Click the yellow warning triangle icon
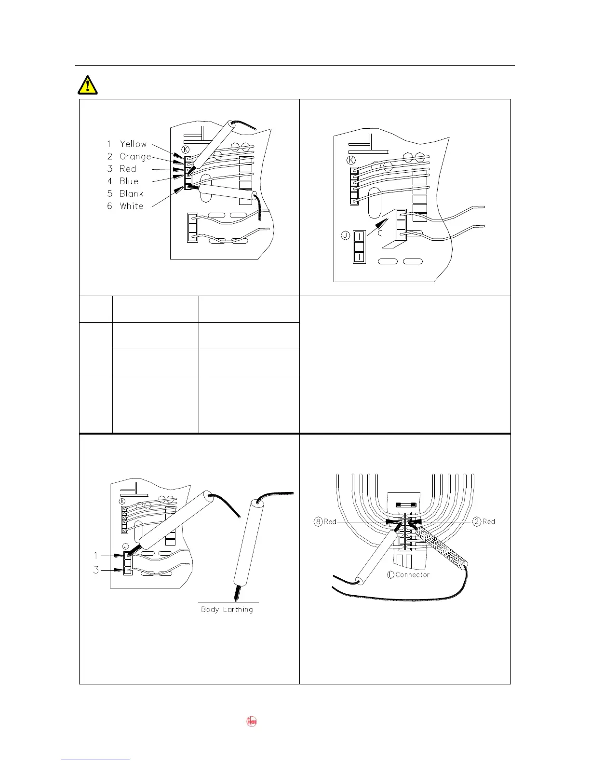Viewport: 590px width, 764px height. click(x=87, y=85)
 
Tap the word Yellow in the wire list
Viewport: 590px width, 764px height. click(x=133, y=144)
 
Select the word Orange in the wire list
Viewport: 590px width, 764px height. click(x=135, y=156)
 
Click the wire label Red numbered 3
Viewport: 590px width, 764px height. click(x=128, y=169)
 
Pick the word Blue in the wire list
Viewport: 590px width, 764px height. click(x=129, y=181)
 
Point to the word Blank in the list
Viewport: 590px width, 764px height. click(x=131, y=193)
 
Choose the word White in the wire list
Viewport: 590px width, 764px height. click(x=131, y=206)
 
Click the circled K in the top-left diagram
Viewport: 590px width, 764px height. click(x=186, y=149)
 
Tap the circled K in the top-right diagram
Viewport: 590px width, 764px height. click(x=351, y=160)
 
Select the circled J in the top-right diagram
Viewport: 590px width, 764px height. click(x=345, y=235)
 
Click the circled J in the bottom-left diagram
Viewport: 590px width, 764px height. click(x=125, y=546)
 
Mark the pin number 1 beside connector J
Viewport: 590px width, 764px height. click(x=95, y=556)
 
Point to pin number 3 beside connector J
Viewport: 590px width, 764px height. click(x=96, y=570)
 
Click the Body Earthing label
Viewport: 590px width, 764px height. click(x=227, y=610)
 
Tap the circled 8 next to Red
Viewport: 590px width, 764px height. click(x=318, y=521)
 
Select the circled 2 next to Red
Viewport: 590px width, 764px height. click(x=477, y=521)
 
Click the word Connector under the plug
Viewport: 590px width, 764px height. click(x=412, y=575)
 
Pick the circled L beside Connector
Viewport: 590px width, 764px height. click(x=390, y=575)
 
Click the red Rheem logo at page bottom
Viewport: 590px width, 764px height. click(x=252, y=722)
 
